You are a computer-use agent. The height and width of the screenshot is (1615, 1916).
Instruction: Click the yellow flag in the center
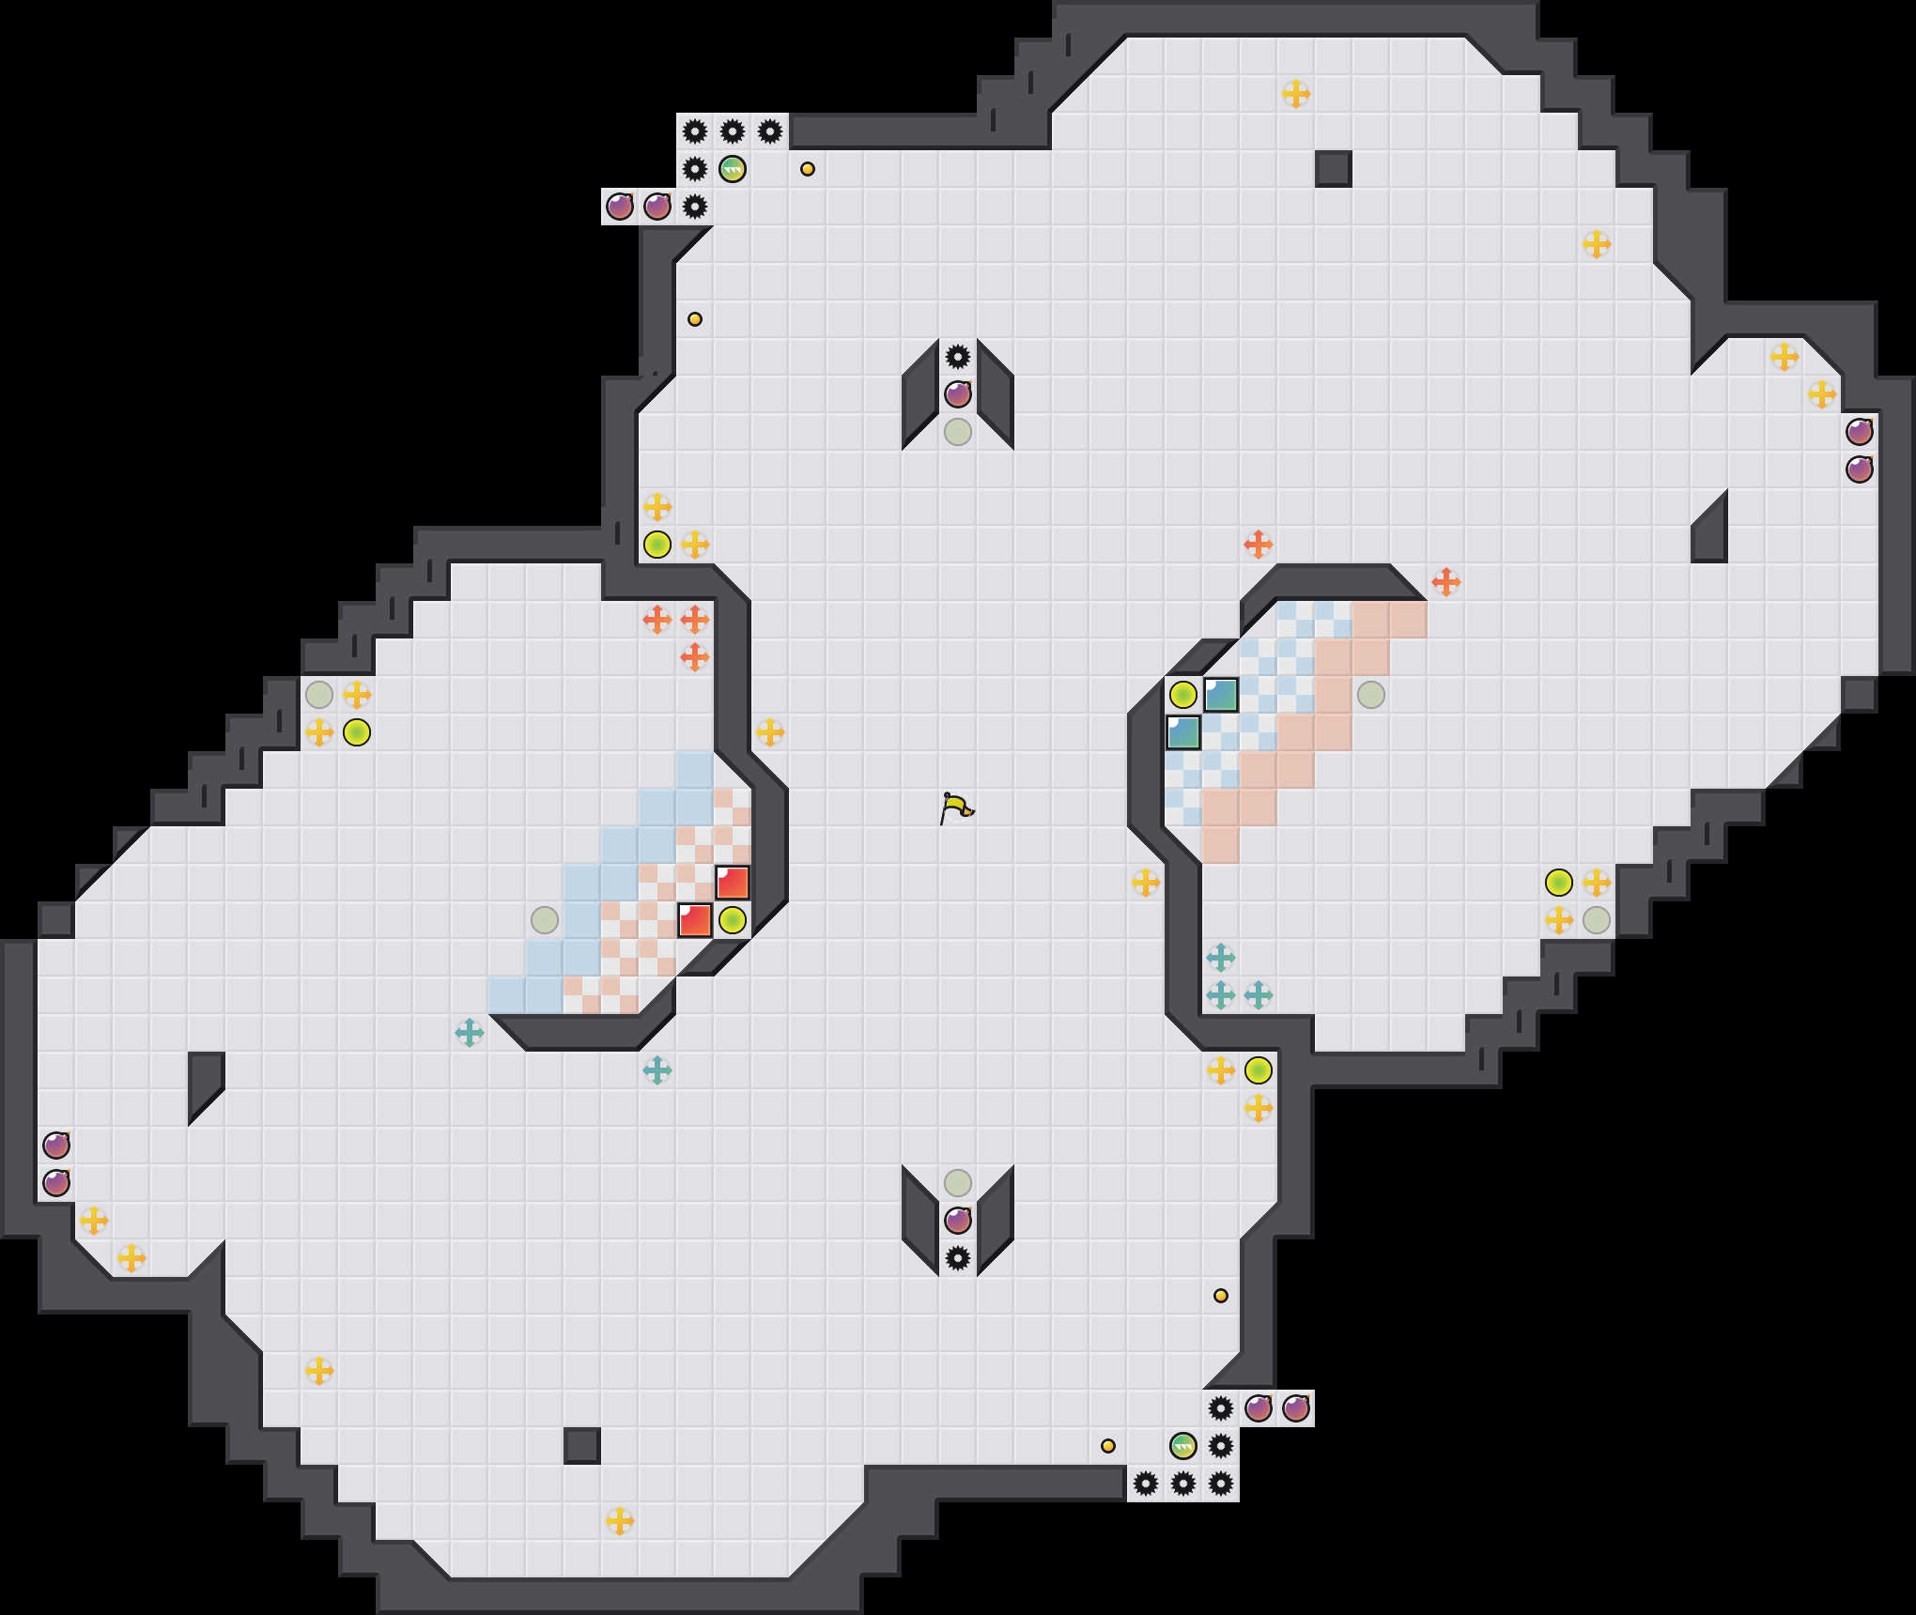click(x=956, y=807)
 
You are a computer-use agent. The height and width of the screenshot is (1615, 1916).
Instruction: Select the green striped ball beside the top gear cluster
click(x=733, y=169)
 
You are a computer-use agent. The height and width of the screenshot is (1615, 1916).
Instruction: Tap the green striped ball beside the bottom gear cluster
click(x=1183, y=1446)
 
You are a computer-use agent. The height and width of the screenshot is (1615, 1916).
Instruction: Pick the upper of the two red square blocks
click(x=733, y=883)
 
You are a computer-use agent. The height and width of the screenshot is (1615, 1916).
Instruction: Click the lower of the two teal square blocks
click(x=1183, y=732)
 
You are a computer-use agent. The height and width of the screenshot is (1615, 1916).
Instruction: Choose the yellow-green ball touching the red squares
click(x=733, y=920)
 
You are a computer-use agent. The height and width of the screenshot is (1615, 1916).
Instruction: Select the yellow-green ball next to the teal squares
click(x=1183, y=695)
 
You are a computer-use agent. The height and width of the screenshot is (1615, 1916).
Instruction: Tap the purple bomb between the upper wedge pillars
click(x=958, y=394)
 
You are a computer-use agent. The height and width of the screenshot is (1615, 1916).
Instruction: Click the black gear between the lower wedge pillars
click(x=958, y=1258)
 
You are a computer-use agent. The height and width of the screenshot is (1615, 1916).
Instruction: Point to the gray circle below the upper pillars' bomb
click(x=958, y=432)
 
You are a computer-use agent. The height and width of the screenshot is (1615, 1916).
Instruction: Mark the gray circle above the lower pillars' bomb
click(x=958, y=1183)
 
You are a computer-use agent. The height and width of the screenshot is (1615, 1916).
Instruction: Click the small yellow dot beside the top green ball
click(x=808, y=169)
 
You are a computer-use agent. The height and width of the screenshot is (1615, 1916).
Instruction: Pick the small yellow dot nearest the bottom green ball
click(x=1108, y=1446)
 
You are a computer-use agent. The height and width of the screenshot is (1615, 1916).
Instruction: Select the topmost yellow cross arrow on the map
click(x=1296, y=94)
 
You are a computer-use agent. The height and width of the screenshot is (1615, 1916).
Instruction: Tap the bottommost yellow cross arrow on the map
click(x=620, y=1521)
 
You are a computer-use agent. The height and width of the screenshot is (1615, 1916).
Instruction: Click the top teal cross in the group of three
click(x=1221, y=958)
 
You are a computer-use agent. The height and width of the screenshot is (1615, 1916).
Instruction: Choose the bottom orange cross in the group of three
click(x=695, y=657)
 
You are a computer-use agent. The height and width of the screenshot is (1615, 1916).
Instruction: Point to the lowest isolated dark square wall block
click(x=582, y=1446)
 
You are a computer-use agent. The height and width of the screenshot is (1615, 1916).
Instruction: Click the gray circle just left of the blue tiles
click(x=545, y=920)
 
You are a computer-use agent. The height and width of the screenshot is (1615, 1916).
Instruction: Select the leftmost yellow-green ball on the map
click(x=357, y=732)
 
